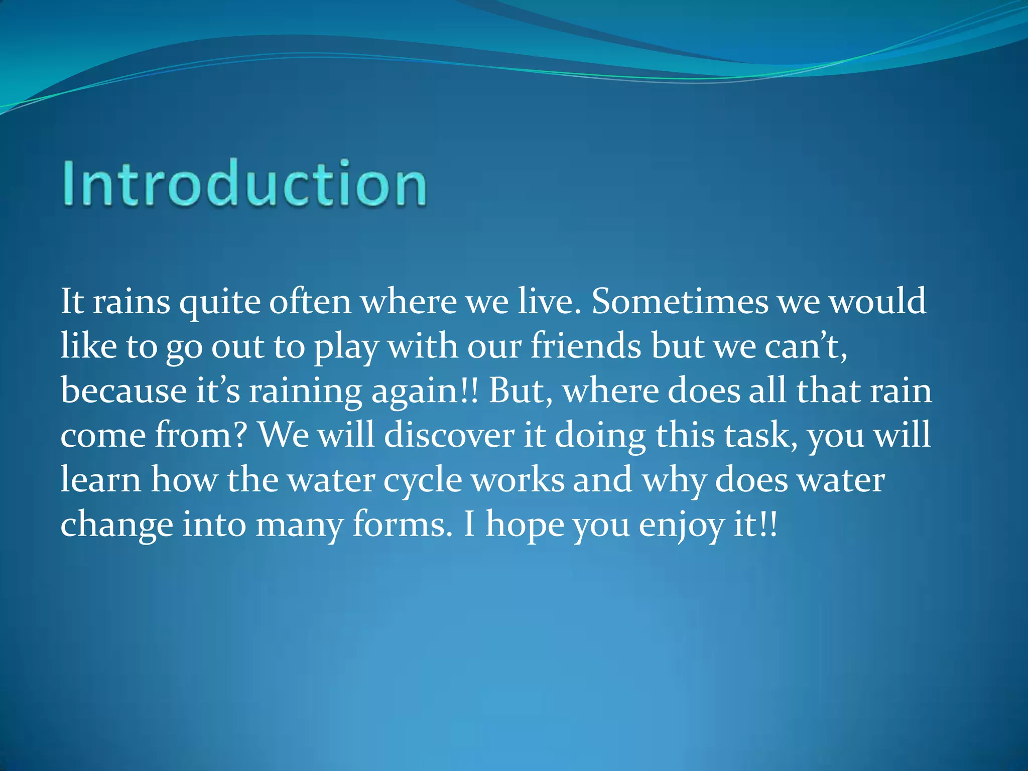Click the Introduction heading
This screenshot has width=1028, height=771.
pyautogui.click(x=244, y=183)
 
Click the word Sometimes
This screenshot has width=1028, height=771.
pyautogui.click(x=680, y=302)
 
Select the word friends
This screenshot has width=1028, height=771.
pyautogui.click(x=585, y=346)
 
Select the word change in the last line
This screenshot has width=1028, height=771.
pyautogui.click(x=116, y=525)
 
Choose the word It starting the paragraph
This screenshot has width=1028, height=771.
pyautogui.click(x=72, y=302)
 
